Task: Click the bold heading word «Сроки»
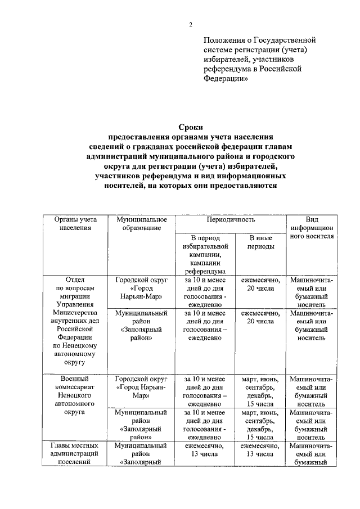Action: [191, 127]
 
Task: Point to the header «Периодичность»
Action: [231, 220]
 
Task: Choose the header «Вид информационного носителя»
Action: [312, 228]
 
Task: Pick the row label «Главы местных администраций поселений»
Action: [75, 454]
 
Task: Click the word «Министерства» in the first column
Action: [75, 313]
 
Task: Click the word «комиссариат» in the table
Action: [75, 388]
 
